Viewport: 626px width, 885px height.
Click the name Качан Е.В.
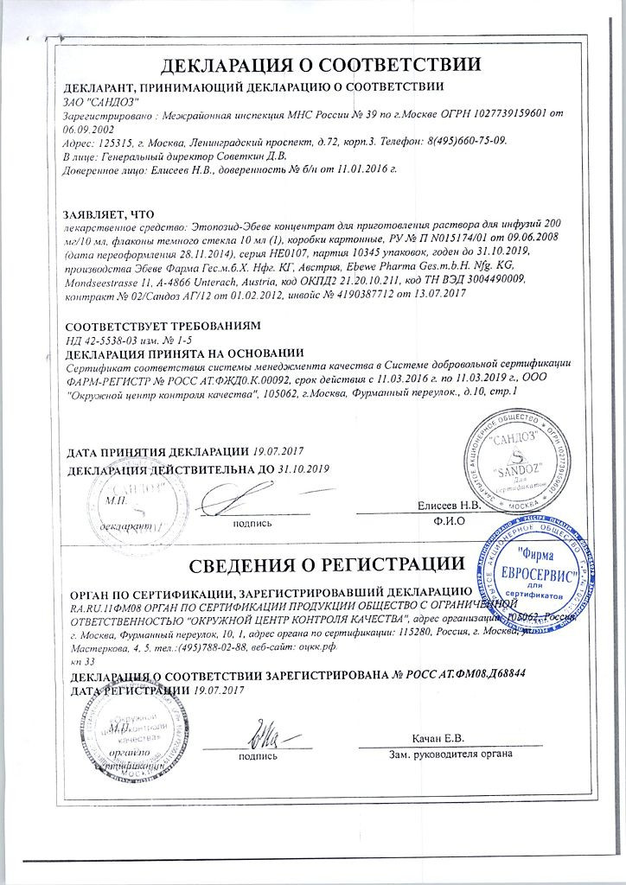438,739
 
